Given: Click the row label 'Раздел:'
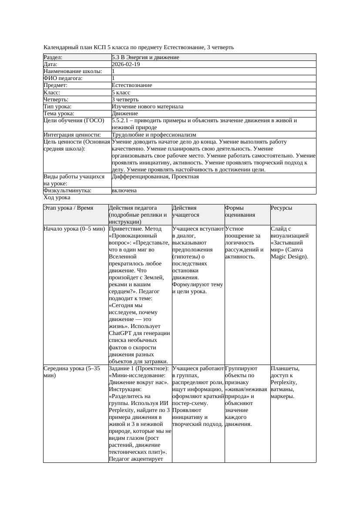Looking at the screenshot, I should tap(53, 57).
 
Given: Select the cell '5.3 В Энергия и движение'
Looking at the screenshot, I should tap(145, 57).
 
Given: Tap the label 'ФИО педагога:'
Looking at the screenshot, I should tap(63, 78).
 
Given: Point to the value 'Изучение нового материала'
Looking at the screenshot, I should tap(147, 107).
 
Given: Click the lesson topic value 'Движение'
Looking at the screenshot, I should tap(124, 114).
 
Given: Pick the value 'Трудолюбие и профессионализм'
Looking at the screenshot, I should tap(154, 135).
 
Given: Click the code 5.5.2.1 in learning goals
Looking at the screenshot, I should tap(122, 121).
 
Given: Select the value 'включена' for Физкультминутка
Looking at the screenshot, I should tap(124, 191).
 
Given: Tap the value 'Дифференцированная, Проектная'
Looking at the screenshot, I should tap(155, 177).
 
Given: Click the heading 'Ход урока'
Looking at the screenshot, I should tap(57, 198).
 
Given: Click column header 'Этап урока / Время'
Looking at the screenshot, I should tap(68, 208).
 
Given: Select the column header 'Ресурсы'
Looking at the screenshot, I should tap(281, 208).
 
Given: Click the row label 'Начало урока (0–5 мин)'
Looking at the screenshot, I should tap(74, 229).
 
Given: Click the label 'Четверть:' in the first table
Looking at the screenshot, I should tap(56, 100).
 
